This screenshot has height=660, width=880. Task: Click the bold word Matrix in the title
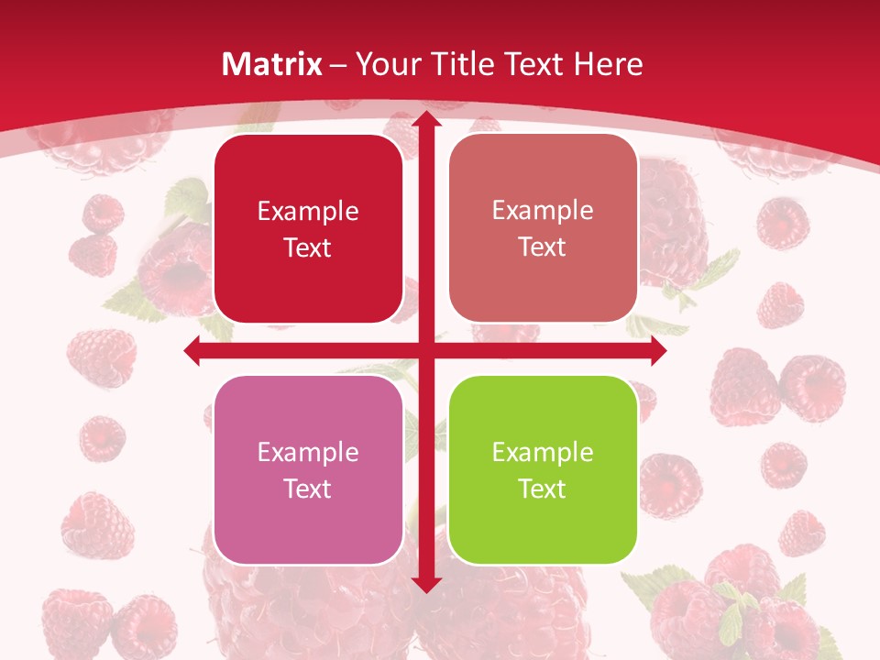click(x=272, y=64)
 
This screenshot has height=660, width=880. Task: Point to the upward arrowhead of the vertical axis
click(x=425, y=119)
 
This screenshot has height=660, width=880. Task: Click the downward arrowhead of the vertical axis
click(x=425, y=585)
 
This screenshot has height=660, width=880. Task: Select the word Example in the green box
click(x=543, y=452)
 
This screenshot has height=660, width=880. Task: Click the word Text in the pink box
click(x=308, y=489)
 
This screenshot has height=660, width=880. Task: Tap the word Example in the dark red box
click(x=308, y=212)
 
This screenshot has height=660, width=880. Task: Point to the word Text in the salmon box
click(x=543, y=247)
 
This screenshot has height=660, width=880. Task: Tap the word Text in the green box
click(x=543, y=489)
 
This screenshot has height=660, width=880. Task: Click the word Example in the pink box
click(x=308, y=452)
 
